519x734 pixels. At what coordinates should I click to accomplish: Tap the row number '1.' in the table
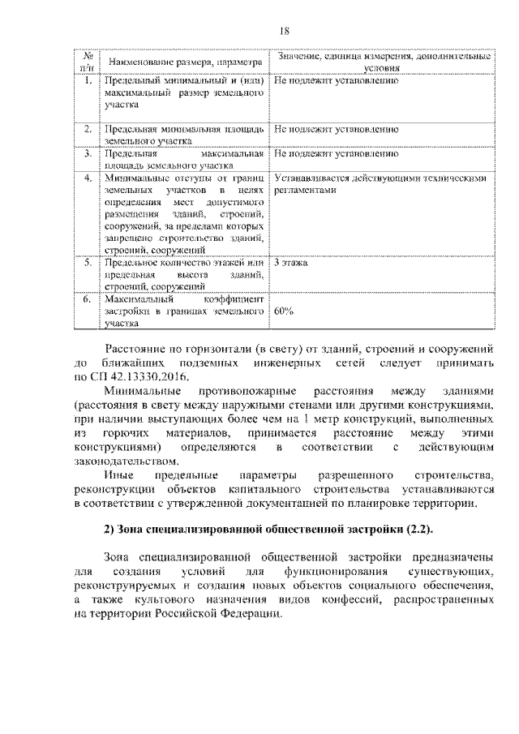tap(87, 81)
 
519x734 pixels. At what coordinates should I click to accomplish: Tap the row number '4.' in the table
tap(87, 178)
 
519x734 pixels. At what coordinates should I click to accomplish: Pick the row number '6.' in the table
tap(87, 298)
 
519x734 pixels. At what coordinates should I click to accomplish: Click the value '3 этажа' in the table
tap(290, 264)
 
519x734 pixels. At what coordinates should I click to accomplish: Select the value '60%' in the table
tap(284, 311)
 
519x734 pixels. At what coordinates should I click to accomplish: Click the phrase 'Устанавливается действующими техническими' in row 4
tap(380, 178)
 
